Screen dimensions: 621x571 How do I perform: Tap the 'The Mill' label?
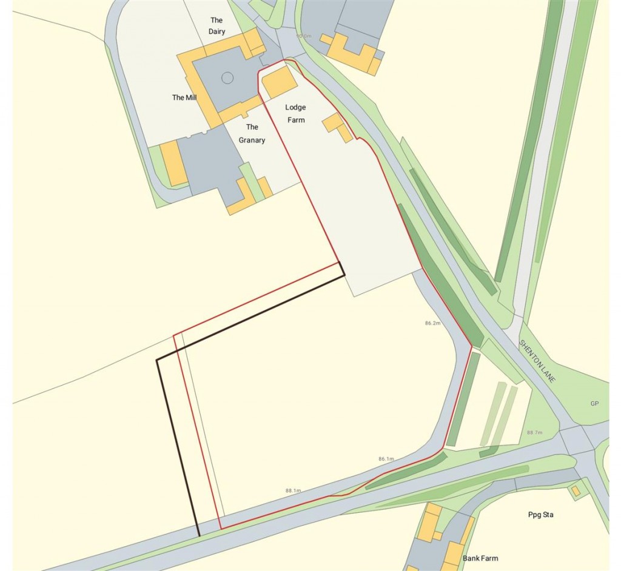tap(184, 97)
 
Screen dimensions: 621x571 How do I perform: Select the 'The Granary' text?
tap(252, 133)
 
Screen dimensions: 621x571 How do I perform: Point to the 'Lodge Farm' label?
tap(295, 113)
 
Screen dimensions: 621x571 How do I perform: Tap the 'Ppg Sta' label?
tap(540, 515)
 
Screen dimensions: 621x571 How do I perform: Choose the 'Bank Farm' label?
tap(480, 558)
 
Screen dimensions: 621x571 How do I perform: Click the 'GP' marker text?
tap(594, 403)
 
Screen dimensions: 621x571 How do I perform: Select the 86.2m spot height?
tap(432, 324)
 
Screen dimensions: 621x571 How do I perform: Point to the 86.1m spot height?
tap(386, 459)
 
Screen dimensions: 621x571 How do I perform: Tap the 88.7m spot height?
tap(534, 433)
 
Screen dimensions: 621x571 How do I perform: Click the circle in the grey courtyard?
tap(227, 78)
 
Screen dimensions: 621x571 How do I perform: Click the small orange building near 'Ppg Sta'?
tap(575, 489)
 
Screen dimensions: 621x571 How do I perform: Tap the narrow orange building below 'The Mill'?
tap(173, 163)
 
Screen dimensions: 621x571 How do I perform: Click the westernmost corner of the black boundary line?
tap(157, 360)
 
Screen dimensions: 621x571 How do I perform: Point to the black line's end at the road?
tap(199, 536)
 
